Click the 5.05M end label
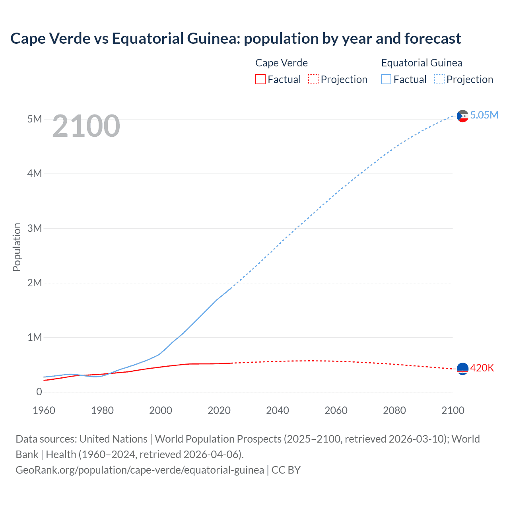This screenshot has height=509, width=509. [484, 115]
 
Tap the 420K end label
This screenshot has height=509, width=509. [482, 368]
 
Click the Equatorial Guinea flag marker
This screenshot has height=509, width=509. [462, 116]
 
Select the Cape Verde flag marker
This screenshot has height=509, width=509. [462, 369]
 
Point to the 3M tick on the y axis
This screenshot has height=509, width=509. [35, 228]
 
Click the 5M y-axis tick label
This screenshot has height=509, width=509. [35, 119]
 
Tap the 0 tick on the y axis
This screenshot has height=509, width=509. [39, 392]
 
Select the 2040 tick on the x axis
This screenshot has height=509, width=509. [278, 410]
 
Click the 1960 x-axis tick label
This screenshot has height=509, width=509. [44, 410]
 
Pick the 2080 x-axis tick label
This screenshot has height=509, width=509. [394, 410]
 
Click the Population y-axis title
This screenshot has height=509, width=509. [17, 247]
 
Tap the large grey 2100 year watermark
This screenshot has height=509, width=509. [86, 126]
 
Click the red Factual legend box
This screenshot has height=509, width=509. [260, 80]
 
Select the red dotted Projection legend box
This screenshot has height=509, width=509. [313, 80]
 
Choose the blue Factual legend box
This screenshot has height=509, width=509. [386, 80]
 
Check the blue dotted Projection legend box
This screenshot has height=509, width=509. [439, 80]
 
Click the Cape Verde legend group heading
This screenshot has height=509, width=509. [282, 63]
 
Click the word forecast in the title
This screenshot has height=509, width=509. [433, 39]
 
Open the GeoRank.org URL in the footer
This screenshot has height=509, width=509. [140, 470]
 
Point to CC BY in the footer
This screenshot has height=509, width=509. [286, 470]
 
